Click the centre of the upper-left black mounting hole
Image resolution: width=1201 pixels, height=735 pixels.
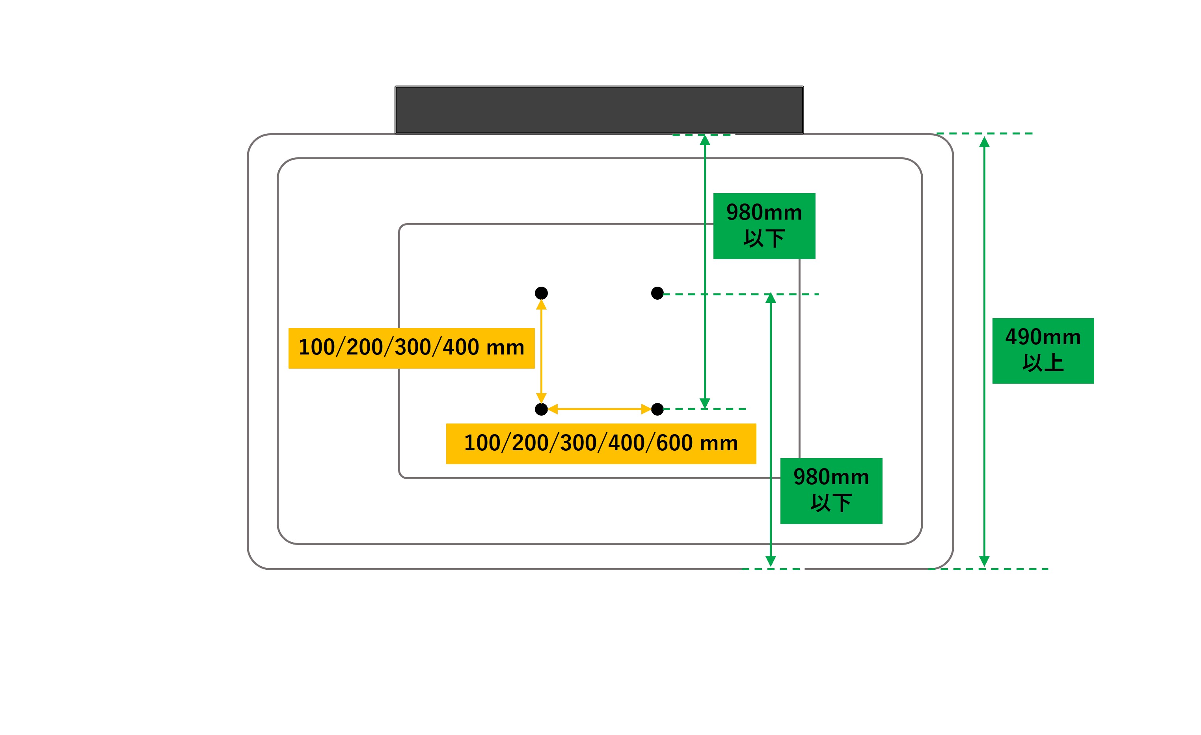click(x=541, y=293)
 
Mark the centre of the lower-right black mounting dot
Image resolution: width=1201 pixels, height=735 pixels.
click(x=657, y=409)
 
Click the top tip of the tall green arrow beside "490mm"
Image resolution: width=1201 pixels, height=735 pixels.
click(x=984, y=138)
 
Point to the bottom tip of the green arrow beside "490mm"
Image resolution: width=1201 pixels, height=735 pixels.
click(x=984, y=566)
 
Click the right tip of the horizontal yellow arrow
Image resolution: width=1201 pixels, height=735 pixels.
click(x=651, y=409)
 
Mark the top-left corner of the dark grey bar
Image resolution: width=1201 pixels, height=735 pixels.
click(x=395, y=86)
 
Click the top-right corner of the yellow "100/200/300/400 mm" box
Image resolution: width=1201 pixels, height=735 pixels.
click(x=535, y=328)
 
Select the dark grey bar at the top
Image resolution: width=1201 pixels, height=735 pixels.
click(x=599, y=110)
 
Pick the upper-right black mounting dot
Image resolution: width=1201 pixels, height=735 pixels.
click(x=657, y=293)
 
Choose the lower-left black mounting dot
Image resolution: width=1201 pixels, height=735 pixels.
click(x=541, y=409)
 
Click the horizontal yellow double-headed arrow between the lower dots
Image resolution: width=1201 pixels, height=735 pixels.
click(x=599, y=409)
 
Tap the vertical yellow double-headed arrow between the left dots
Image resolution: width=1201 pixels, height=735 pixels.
click(x=541, y=351)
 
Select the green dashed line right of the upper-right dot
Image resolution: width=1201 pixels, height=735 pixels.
click(x=741, y=295)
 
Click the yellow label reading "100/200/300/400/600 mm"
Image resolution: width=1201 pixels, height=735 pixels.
click(x=601, y=444)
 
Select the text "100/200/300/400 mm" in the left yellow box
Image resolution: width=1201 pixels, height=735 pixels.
click(x=412, y=348)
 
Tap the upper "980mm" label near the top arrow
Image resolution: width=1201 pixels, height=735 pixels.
click(x=764, y=213)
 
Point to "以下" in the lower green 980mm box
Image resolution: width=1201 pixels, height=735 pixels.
click(x=831, y=503)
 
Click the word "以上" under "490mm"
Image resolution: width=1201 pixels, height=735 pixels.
click(x=1043, y=363)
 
